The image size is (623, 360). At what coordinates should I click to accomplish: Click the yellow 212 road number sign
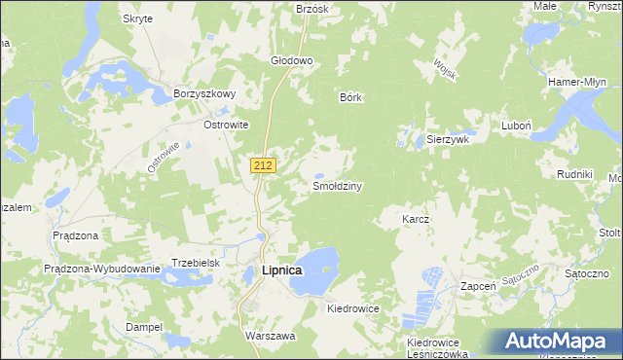point(262,165)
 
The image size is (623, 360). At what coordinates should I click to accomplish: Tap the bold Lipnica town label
point(282,270)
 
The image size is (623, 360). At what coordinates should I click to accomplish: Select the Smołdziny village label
point(337,186)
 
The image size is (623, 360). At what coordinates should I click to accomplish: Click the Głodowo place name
point(291,60)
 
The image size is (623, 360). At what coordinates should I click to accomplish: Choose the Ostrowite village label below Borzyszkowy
point(226,126)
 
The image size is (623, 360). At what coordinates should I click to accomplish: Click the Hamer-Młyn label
point(578,82)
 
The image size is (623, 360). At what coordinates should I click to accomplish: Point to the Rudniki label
point(574,174)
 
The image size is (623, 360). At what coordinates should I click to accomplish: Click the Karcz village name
point(416,220)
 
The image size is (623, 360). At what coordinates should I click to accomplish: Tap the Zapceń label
point(479,287)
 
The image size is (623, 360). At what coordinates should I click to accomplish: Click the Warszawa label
point(270,335)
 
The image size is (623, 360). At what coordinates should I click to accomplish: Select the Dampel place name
point(143,327)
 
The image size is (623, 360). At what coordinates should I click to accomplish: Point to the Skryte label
point(137,18)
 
